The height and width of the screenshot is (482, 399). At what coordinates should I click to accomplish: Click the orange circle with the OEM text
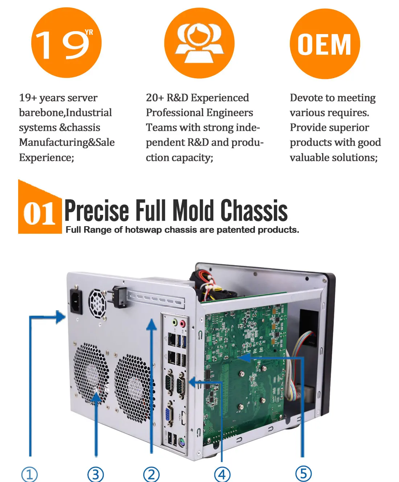click(325, 44)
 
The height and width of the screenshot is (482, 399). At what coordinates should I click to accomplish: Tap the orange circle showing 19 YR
click(66, 43)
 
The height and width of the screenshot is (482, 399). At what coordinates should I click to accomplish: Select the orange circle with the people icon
click(199, 43)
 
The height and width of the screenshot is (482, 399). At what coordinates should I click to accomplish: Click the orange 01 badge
click(40, 207)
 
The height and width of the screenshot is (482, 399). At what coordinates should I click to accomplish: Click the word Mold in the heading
click(193, 210)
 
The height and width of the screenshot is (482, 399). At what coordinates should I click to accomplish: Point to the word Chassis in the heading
click(254, 210)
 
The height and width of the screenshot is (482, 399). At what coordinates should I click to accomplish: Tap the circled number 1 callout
click(29, 474)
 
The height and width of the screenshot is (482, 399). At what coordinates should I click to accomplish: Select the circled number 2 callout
click(151, 474)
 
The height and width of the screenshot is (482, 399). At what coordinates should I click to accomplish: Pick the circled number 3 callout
click(95, 474)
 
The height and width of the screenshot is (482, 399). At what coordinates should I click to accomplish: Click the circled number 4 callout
click(222, 474)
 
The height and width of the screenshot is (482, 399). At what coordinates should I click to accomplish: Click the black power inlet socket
click(76, 302)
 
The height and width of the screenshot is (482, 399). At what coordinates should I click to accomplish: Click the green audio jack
click(175, 322)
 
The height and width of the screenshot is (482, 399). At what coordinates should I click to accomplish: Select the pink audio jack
click(182, 323)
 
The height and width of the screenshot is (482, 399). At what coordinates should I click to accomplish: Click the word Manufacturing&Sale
click(67, 143)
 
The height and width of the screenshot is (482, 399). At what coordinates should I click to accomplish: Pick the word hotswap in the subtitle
click(143, 230)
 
